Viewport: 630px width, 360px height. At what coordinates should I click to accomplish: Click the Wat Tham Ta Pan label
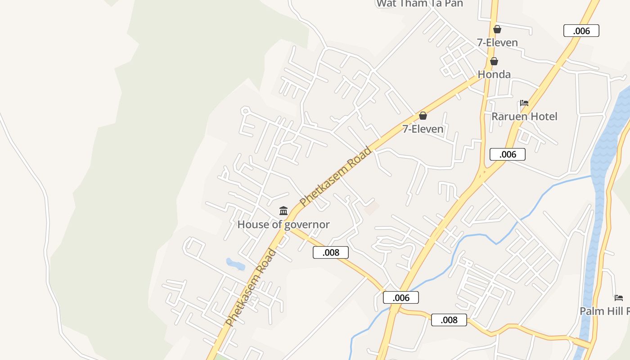tap(419, 4)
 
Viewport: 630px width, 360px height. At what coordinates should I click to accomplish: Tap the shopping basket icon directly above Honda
tap(494, 61)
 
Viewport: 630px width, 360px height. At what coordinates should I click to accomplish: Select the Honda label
tap(494, 74)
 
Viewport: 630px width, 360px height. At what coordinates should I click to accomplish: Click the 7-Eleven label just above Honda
tap(497, 42)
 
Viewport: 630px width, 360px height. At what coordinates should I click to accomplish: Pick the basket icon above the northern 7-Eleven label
tap(497, 29)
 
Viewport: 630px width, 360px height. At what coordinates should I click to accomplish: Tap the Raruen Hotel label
tap(524, 117)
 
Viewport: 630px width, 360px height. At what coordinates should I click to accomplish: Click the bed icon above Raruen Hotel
tap(524, 103)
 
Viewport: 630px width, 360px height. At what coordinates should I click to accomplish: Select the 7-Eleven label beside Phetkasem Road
tap(423, 129)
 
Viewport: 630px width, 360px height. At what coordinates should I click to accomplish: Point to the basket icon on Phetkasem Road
tap(423, 116)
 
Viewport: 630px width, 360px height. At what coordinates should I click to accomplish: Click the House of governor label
tap(283, 225)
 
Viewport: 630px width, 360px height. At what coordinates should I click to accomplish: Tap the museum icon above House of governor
tap(283, 211)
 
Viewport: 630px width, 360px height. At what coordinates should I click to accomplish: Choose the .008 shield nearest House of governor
tap(331, 252)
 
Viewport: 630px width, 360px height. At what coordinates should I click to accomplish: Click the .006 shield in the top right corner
tap(581, 31)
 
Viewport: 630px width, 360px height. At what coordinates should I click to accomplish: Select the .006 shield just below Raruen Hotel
tap(508, 154)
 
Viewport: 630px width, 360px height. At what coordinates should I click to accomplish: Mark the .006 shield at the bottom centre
tap(401, 297)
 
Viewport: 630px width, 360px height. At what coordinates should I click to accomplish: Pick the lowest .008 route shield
tap(449, 320)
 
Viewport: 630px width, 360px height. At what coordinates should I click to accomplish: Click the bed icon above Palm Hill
tap(619, 298)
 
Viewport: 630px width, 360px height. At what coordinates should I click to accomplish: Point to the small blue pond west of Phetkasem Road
tap(235, 264)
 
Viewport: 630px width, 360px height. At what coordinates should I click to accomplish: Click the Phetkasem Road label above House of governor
tap(336, 176)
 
